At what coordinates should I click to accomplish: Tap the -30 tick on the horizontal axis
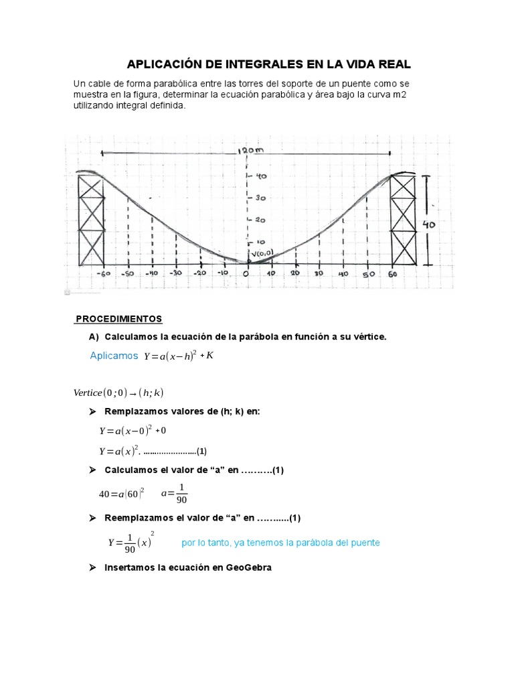pyautogui.click(x=176, y=273)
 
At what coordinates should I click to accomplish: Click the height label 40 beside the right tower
pyautogui.click(x=428, y=225)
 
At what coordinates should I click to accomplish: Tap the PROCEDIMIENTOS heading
pyautogui.click(x=118, y=318)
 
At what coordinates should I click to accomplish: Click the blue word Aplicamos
pyautogui.click(x=114, y=356)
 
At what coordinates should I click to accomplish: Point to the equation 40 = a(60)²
pyautogui.click(x=122, y=494)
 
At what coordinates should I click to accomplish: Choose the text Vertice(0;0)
pyautogui.click(x=100, y=393)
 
